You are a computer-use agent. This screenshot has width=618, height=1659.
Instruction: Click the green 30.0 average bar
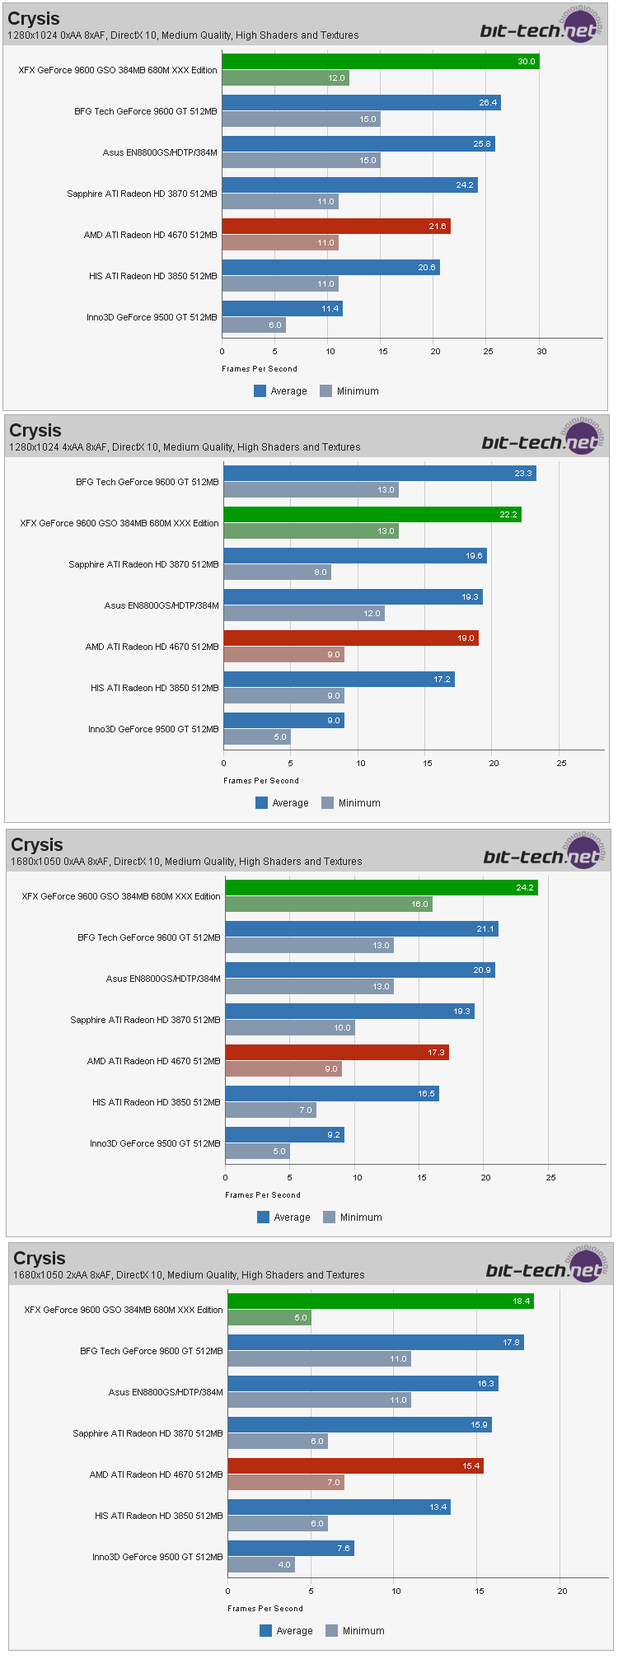point(380,62)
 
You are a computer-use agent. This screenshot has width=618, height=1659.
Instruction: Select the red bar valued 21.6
point(336,227)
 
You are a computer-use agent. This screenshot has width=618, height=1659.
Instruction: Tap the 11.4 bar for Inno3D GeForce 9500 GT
point(282,309)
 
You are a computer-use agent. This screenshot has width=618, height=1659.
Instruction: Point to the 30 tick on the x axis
point(541,352)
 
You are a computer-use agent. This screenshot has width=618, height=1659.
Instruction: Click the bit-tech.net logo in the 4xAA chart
point(541,442)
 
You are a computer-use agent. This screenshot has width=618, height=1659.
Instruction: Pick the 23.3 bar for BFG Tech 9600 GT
point(379,474)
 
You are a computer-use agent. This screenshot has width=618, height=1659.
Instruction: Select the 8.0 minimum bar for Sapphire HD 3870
point(277,572)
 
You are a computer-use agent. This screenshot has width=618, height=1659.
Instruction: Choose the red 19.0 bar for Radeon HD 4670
point(351,638)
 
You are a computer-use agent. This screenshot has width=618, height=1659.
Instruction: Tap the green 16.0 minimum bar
point(329,904)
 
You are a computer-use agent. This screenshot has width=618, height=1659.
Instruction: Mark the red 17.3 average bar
point(337,1053)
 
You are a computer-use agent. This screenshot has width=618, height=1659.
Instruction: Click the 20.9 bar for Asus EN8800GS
point(360,970)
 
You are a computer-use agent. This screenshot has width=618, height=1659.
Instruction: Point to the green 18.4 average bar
point(381,1301)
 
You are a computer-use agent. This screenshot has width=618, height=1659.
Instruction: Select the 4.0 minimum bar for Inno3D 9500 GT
point(261,1565)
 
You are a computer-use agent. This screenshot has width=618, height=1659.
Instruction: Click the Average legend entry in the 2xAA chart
point(286,1631)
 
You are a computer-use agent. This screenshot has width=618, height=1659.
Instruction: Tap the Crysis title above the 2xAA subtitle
point(40,1259)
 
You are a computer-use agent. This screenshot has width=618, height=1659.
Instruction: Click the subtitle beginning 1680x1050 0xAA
point(186,862)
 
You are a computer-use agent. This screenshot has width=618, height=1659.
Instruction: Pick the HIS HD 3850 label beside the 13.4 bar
point(159,1516)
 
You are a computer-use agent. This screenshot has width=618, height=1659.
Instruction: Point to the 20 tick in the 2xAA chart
point(563,1591)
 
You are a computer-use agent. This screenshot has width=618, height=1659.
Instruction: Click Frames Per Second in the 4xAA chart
point(261,781)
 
